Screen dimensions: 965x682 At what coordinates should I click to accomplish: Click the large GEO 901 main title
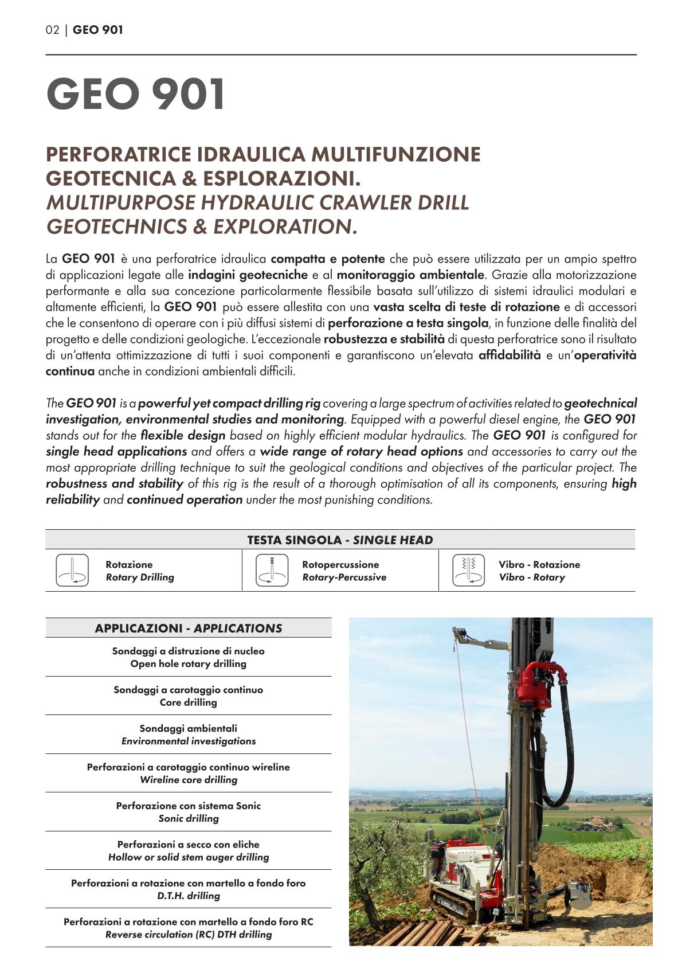click(136, 95)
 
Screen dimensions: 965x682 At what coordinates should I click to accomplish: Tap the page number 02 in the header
click(52, 30)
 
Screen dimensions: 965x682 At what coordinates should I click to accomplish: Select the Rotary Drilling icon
click(72, 571)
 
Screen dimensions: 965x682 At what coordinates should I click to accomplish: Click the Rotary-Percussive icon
click(271, 571)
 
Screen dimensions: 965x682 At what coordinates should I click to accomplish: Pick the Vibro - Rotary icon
click(468, 571)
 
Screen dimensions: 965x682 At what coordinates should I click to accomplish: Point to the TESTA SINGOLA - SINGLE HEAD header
click(340, 540)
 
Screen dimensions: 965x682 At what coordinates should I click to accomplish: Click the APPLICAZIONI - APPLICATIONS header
click(189, 628)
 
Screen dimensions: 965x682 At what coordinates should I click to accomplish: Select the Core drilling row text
click(189, 702)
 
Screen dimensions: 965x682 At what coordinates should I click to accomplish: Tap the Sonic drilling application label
click(189, 818)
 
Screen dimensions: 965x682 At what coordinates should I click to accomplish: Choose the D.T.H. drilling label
click(189, 896)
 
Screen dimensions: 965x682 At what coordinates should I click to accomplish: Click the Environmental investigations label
click(189, 741)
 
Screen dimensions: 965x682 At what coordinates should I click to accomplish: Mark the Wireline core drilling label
click(189, 780)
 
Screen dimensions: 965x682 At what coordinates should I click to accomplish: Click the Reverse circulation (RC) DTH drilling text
click(189, 935)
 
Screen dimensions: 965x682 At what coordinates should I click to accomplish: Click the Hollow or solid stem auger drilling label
click(189, 857)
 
